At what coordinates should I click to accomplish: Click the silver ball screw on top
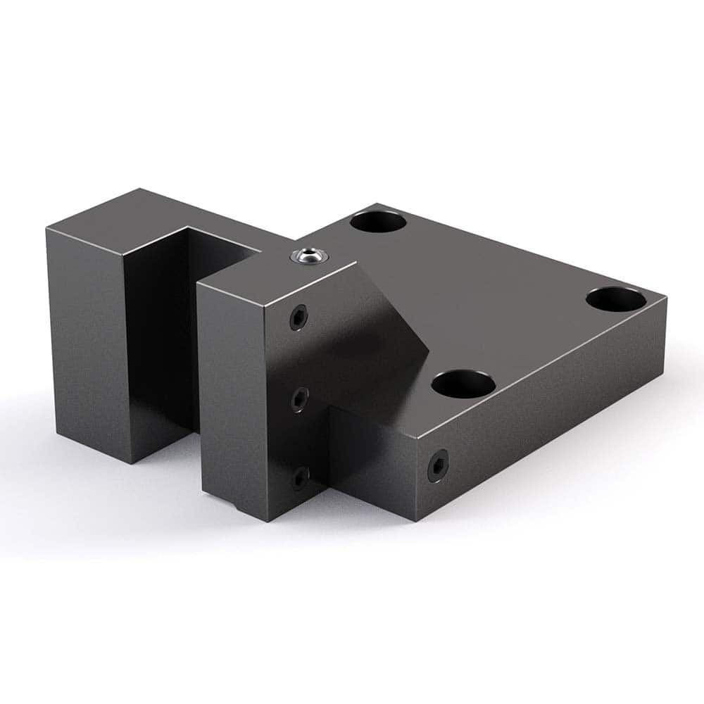(x=308, y=255)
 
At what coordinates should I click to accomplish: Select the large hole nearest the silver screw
(x=378, y=222)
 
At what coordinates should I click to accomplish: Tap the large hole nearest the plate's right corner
(x=615, y=299)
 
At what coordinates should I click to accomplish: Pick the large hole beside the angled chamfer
(x=463, y=384)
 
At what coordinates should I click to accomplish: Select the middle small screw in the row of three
(x=298, y=400)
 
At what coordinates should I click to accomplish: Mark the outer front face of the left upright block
(x=88, y=338)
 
